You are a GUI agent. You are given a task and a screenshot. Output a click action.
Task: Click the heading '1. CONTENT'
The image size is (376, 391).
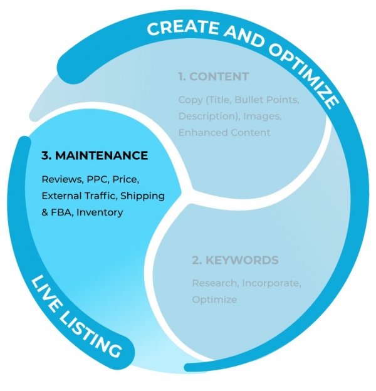[x=213, y=77]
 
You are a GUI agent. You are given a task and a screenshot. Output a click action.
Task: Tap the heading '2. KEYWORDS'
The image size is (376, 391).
[x=235, y=260]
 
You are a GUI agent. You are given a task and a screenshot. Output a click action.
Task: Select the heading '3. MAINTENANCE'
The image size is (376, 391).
[x=95, y=155]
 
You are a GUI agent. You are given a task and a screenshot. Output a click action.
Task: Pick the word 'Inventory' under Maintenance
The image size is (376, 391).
[x=100, y=212]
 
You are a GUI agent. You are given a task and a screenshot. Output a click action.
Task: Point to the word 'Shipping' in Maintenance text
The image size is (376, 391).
[x=144, y=195]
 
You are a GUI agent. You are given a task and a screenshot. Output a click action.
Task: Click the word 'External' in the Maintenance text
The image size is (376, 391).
[x=61, y=195]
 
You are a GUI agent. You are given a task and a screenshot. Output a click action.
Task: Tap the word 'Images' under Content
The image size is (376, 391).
[x=257, y=117]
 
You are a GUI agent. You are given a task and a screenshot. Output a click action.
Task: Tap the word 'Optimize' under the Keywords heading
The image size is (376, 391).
[x=214, y=300]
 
